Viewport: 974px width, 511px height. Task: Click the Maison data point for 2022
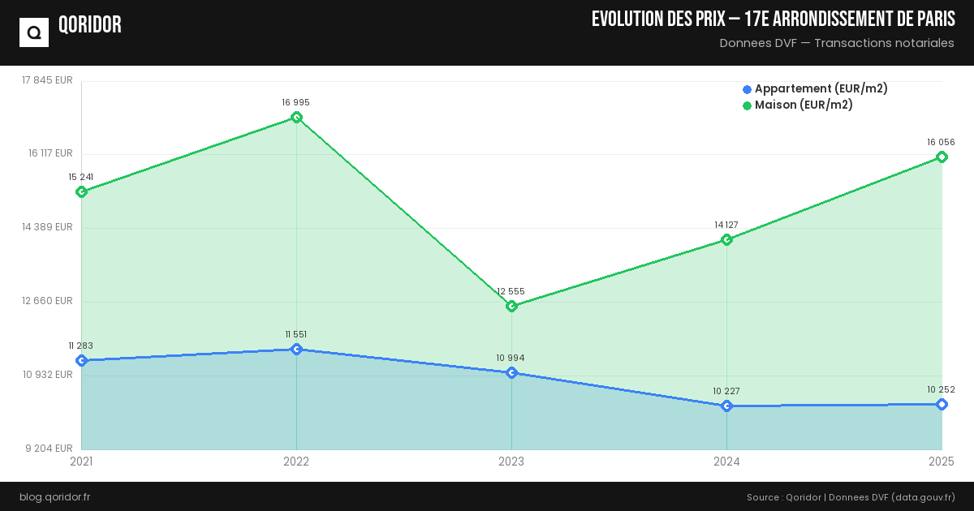pos(296,118)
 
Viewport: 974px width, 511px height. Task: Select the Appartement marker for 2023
pos(511,373)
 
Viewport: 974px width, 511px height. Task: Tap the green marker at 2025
pos(942,157)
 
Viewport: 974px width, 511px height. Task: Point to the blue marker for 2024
pos(726,406)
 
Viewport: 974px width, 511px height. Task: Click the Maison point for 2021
pos(81,191)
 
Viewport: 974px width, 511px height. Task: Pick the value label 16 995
pos(296,102)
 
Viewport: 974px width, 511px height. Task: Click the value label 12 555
pos(511,291)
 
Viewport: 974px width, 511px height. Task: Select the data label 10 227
pos(726,391)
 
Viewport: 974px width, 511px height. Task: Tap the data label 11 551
pos(296,334)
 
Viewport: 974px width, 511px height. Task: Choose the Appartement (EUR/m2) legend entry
pos(815,88)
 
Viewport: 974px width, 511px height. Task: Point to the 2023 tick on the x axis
pos(511,462)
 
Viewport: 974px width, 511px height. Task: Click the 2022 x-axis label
pos(296,462)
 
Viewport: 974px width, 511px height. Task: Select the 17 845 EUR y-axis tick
pos(48,80)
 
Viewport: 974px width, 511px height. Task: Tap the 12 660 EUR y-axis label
pos(48,301)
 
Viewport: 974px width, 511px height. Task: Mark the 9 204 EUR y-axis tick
pos(48,449)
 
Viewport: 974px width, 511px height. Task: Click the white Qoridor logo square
pos(34,32)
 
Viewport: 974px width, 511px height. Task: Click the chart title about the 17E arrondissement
pos(773,19)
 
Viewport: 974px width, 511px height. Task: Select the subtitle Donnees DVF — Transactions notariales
pos(837,43)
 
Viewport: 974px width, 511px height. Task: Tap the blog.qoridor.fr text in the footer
pos(55,496)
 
